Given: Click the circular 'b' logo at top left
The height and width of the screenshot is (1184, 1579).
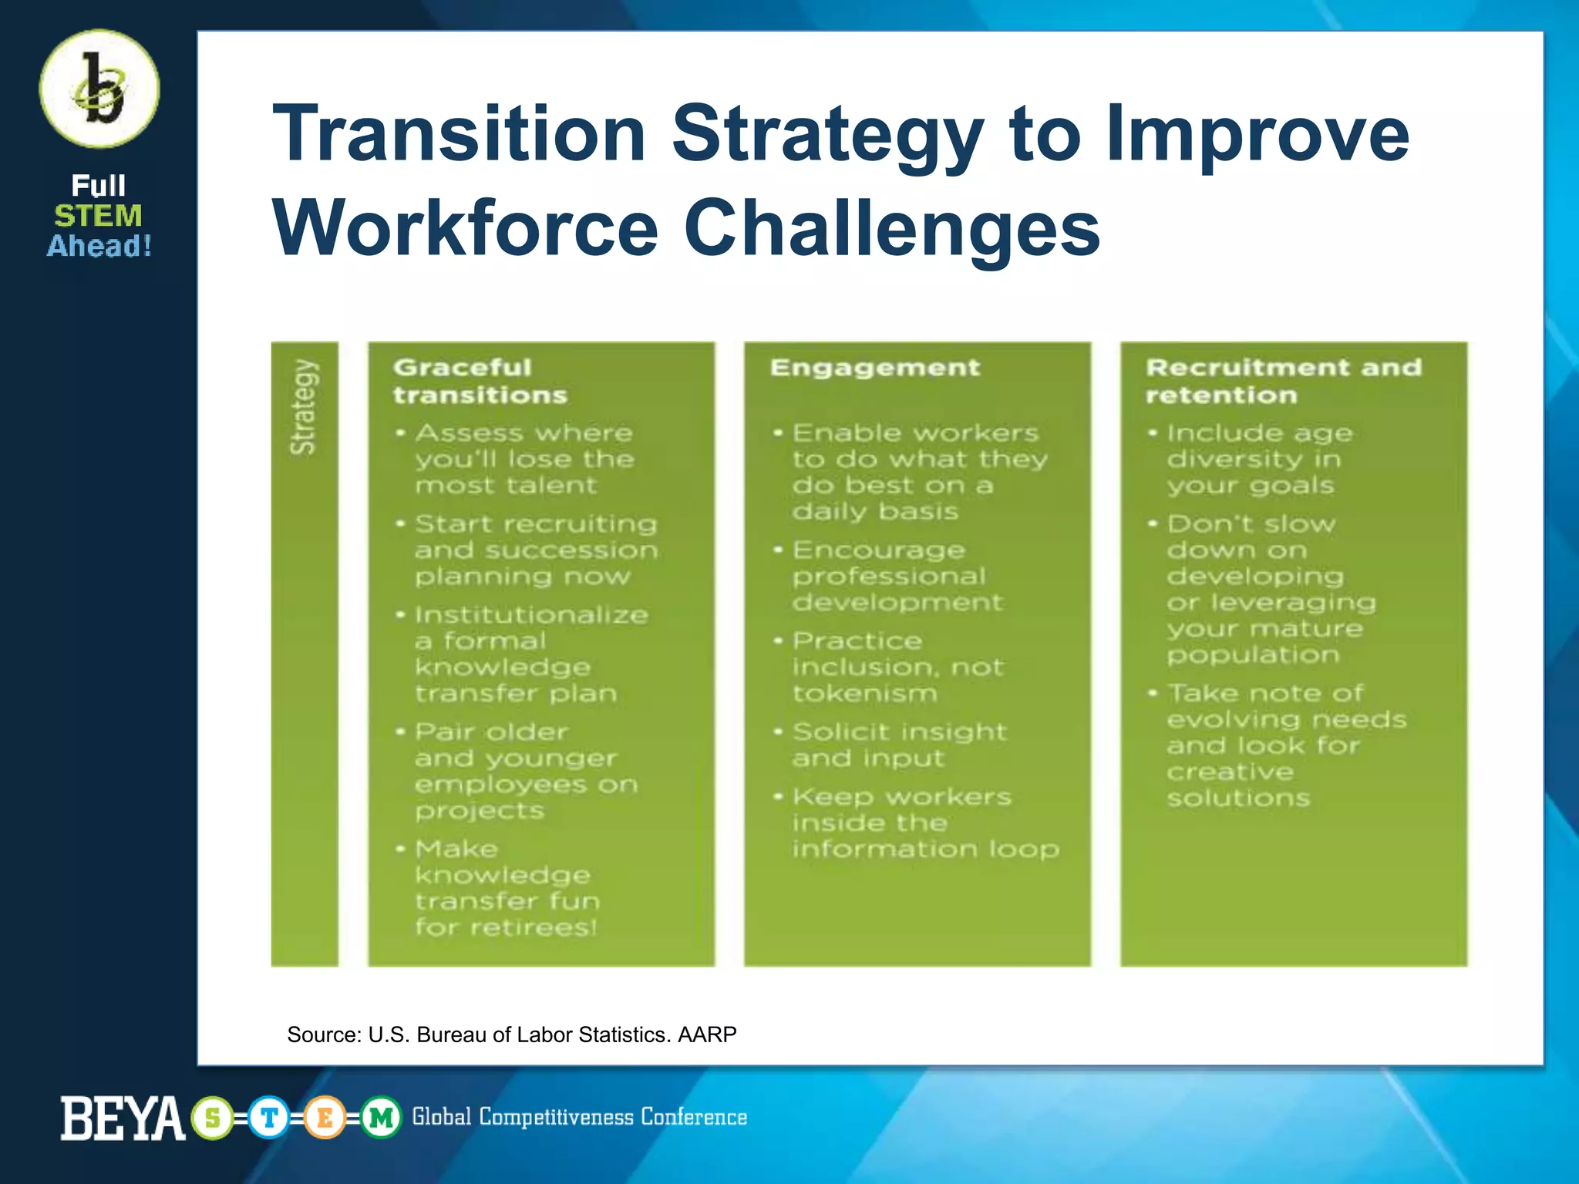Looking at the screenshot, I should [x=99, y=89].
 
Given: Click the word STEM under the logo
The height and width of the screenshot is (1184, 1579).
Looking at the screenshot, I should [x=99, y=216].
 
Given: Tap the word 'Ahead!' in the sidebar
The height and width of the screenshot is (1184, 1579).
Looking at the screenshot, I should [x=99, y=247].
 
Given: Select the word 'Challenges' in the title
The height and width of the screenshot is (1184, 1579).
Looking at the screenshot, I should [x=892, y=228].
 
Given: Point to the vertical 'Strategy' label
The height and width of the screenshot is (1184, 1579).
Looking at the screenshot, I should [x=304, y=406].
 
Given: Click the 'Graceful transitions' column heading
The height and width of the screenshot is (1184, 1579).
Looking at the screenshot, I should [x=480, y=381].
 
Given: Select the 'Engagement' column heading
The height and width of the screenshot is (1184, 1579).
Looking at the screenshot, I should [x=875, y=368].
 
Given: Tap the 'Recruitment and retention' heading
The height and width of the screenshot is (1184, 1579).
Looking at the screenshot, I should [x=1283, y=381].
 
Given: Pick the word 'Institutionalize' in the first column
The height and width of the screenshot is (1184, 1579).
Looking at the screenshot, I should [x=531, y=615].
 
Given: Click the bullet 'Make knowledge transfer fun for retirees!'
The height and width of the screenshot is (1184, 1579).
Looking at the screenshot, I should [x=507, y=888].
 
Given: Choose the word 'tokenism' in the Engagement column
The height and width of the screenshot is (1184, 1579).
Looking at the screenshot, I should [x=865, y=694].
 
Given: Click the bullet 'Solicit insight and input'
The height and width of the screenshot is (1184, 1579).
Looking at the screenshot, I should [x=899, y=745].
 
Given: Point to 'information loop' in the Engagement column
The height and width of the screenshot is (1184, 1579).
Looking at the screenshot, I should [x=925, y=849].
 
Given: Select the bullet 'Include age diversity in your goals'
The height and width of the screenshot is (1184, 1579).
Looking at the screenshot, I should [x=1258, y=459].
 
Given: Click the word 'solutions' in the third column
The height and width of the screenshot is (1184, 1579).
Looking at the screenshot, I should [x=1238, y=798].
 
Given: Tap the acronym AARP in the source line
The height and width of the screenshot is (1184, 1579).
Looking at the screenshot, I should [x=707, y=1034].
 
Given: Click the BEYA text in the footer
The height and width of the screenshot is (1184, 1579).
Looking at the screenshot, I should [x=123, y=1118].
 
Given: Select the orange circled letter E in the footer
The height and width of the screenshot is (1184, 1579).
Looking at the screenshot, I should [x=325, y=1118].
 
